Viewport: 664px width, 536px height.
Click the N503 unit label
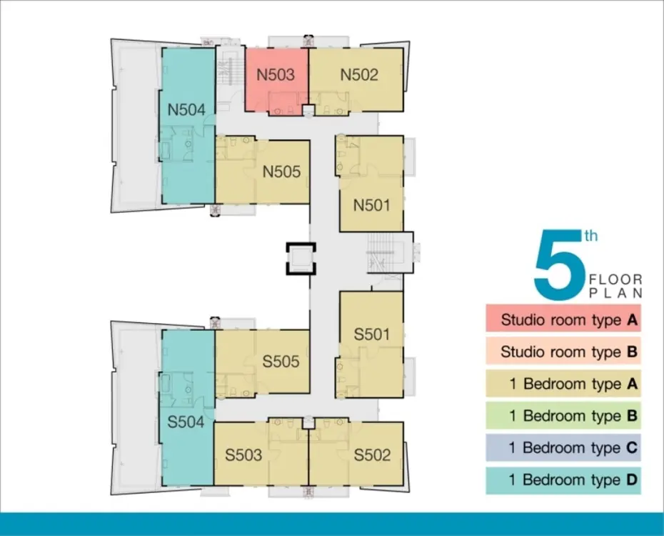pyautogui.click(x=276, y=75)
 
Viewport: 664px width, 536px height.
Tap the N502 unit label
pyautogui.click(x=359, y=75)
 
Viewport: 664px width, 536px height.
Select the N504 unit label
pyautogui.click(x=186, y=110)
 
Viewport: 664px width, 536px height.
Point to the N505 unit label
pyautogui.click(x=281, y=172)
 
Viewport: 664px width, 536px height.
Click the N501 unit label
pyautogui.click(x=371, y=206)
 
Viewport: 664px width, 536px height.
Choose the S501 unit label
pyautogui.click(x=371, y=334)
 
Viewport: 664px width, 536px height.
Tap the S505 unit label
pyautogui.click(x=281, y=362)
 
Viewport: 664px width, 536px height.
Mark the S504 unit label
pyautogui.click(x=186, y=422)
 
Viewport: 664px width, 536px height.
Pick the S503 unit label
pyautogui.click(x=243, y=455)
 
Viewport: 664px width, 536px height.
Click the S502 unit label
pyautogui.click(x=372, y=455)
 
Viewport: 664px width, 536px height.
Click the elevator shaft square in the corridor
pyautogui.click(x=301, y=259)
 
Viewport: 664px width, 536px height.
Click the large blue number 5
pyautogui.click(x=560, y=265)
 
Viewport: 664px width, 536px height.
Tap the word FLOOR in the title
pyautogui.click(x=615, y=279)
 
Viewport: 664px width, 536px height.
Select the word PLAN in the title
pyautogui.click(x=615, y=293)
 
